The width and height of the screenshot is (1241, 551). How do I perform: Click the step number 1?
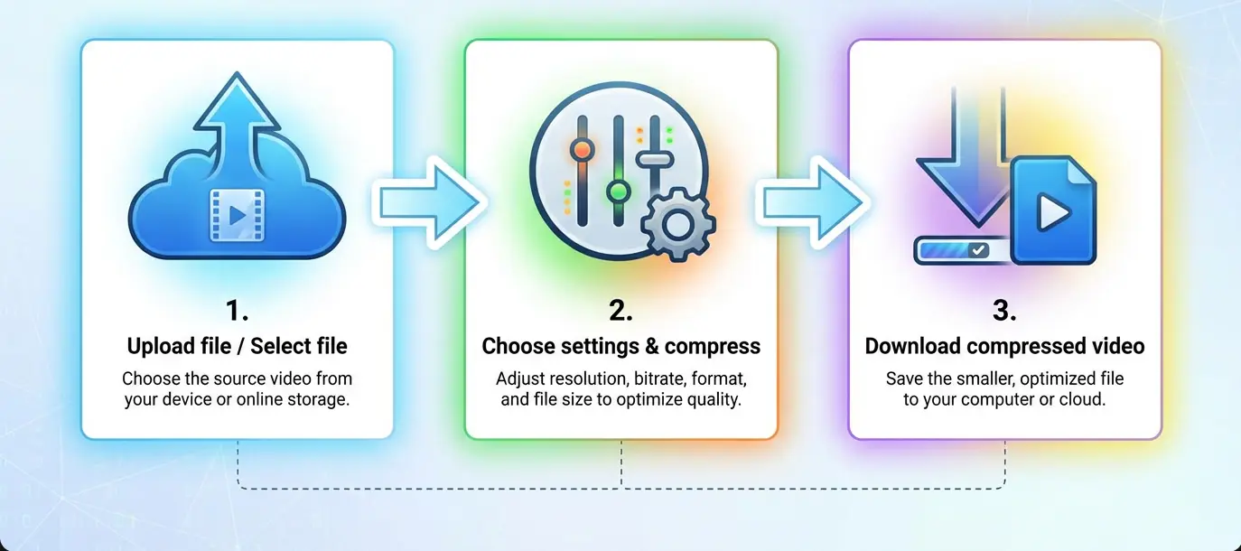[x=236, y=311]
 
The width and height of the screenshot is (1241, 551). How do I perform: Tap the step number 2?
[x=620, y=311]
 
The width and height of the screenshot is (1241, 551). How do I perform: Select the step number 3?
[x=1004, y=311]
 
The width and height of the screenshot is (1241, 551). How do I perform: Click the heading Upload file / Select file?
[x=237, y=346]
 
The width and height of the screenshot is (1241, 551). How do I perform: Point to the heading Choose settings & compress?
[x=620, y=346]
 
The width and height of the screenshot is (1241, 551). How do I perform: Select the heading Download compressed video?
[x=1004, y=346]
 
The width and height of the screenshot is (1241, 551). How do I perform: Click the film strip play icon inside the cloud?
[x=236, y=215]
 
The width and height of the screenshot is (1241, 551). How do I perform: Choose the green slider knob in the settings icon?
[x=619, y=191]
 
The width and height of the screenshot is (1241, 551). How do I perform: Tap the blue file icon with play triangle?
[x=1052, y=211]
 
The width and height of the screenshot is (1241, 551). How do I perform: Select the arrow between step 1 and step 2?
[x=426, y=201]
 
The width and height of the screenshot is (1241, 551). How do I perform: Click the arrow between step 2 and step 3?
[x=811, y=201]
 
